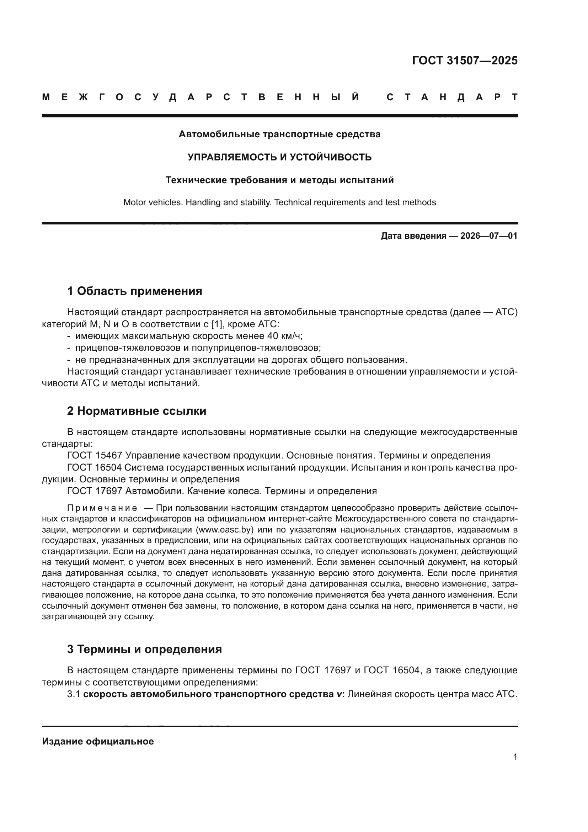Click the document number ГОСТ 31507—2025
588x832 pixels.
coord(465,60)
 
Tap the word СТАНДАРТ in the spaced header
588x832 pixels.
coord(452,97)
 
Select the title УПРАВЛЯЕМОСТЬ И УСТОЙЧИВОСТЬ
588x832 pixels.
coord(279,157)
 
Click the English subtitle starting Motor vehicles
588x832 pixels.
coord(279,202)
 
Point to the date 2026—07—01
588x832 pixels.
coord(488,236)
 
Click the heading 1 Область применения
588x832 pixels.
coord(135,291)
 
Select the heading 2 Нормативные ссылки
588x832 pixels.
coord(137,411)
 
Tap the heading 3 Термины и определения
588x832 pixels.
coord(144,649)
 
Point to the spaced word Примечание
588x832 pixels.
coord(102,508)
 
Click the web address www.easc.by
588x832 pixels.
coord(224,530)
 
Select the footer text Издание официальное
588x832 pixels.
coord(98,741)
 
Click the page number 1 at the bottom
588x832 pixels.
coord(515,757)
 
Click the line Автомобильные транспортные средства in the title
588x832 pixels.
coord(279,134)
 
